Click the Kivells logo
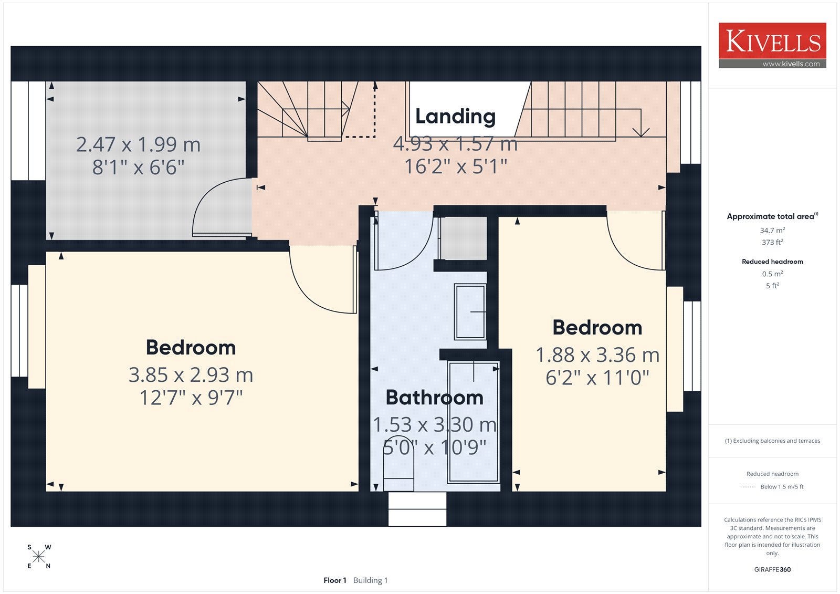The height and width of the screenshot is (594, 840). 772,45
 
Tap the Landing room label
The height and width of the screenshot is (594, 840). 455,116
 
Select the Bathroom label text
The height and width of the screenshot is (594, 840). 434,397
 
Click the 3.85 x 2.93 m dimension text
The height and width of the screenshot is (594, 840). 191,374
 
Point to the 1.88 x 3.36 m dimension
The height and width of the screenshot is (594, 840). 597,355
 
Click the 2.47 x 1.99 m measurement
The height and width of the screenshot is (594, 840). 139,144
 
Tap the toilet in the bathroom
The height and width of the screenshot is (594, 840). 398,463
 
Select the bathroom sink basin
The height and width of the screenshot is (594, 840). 470,312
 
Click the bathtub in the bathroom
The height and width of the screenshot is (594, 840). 473,422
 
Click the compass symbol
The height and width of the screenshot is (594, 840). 39,556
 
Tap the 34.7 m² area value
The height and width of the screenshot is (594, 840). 772,230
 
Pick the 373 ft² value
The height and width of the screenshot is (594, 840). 772,242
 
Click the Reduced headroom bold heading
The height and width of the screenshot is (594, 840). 772,262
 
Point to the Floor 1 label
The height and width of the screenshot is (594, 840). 334,580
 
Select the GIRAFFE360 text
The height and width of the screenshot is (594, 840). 772,569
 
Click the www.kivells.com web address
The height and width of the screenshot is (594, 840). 791,64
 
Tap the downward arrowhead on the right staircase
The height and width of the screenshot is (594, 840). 641,132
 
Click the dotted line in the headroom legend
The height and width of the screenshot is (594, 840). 749,487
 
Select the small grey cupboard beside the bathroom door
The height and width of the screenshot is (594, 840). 463,238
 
